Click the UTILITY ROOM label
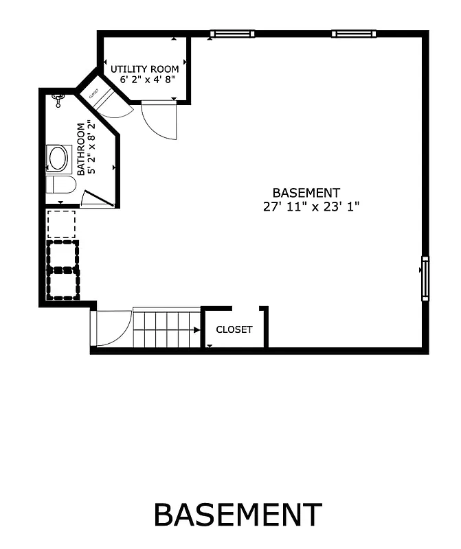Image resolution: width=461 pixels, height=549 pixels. tap(145, 69)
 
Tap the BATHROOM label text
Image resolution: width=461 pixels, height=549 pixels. tap(81, 149)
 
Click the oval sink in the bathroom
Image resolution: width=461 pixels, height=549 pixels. tap(58, 159)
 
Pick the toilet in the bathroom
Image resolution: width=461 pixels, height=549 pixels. tap(60, 185)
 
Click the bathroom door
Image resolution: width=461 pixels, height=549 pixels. tap(96, 198)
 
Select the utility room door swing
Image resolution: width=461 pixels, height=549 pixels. tap(160, 119)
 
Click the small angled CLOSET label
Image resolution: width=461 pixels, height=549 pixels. tap(93, 92)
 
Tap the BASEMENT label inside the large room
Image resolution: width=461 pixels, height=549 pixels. tap(306, 193)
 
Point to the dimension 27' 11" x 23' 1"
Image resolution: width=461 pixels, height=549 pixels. tap(311, 206)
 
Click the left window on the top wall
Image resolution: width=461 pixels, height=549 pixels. tap(232, 34)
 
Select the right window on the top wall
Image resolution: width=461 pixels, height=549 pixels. tap(354, 34)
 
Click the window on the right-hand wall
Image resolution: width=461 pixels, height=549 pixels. tap(425, 279)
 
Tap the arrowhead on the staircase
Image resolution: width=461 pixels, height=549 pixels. tap(197, 330)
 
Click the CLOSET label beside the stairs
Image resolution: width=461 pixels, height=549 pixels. tap(234, 329)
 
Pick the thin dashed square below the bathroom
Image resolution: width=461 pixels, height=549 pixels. tap(61, 224)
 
